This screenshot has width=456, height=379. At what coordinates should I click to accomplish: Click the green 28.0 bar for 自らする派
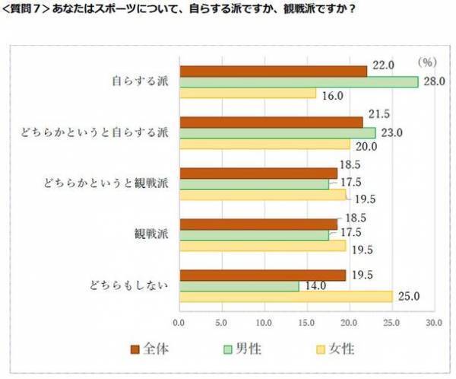298,81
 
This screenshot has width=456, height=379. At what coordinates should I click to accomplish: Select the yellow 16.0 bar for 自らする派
247,93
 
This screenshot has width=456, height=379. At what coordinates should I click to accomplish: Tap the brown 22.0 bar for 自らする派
272,71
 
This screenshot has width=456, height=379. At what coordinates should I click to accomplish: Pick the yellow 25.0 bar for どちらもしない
285,296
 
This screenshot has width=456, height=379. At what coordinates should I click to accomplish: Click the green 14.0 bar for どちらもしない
239,285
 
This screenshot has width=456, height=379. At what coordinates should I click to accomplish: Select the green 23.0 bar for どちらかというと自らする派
277,132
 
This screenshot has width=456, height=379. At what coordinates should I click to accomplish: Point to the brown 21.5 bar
271,122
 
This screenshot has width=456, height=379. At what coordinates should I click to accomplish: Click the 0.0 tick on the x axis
179,323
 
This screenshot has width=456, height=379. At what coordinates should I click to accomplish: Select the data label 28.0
435,81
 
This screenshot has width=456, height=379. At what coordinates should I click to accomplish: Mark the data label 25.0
409,296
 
